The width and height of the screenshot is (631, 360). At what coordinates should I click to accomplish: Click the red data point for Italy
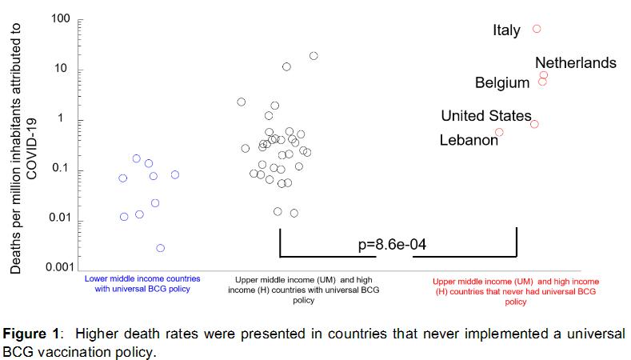click(x=537, y=29)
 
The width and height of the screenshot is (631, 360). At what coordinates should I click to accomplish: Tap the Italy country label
click(x=506, y=31)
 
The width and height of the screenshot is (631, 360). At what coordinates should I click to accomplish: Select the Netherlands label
click(x=575, y=62)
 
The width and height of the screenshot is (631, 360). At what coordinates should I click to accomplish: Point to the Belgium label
click(x=502, y=82)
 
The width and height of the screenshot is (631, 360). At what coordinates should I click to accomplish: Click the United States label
click(x=486, y=116)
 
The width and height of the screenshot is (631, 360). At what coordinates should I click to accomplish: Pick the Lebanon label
click(x=469, y=140)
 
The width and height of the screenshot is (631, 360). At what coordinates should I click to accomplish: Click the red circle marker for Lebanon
click(x=499, y=132)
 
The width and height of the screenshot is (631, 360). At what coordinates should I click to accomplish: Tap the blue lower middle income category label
click(x=142, y=283)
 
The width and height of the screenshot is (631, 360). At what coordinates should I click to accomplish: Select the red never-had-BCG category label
click(x=516, y=292)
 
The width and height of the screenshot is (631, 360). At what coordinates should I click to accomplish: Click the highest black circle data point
click(x=314, y=56)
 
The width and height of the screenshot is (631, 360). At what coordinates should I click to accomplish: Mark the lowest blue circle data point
click(x=161, y=248)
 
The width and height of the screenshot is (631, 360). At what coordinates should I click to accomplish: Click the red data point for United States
click(x=534, y=124)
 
